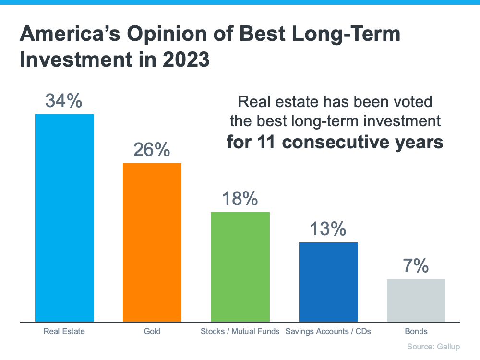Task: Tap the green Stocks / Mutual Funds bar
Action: pos(240,267)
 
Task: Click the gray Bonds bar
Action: pos(416,300)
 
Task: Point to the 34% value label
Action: pos(64,101)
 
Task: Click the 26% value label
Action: pos(152,150)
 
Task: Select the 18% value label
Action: pos(240,199)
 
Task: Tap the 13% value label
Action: pos(328,229)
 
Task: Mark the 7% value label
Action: pos(416,266)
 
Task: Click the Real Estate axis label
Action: pos(64,331)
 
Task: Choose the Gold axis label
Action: pos(152,331)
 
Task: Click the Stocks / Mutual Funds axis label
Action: pos(240,331)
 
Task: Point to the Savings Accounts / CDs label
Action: pos(328,331)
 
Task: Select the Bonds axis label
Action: pos(416,331)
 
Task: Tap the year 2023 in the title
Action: pos(184,61)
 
